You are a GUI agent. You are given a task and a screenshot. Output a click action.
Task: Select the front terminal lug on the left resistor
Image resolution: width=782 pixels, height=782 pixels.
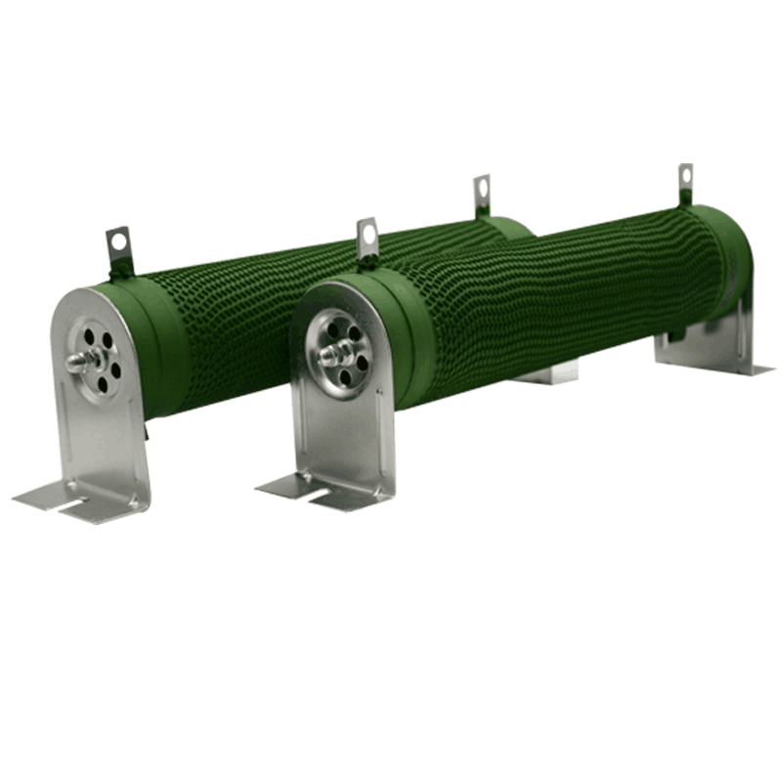118,251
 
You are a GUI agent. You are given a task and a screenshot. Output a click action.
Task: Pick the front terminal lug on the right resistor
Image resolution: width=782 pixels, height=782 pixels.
368,240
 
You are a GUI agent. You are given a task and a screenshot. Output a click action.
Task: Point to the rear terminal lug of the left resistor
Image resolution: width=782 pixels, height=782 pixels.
482,195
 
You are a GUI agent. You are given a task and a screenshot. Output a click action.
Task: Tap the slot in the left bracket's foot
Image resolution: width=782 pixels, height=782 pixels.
61,506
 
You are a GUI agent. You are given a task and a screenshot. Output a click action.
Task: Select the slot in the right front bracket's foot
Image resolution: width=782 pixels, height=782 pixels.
311,495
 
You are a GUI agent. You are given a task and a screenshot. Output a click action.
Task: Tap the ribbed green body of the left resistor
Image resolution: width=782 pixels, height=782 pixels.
293,293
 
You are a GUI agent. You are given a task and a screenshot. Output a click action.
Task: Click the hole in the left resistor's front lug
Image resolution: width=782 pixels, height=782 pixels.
118,238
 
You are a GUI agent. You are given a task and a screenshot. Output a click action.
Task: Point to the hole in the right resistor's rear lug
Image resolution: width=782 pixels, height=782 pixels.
685,174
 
